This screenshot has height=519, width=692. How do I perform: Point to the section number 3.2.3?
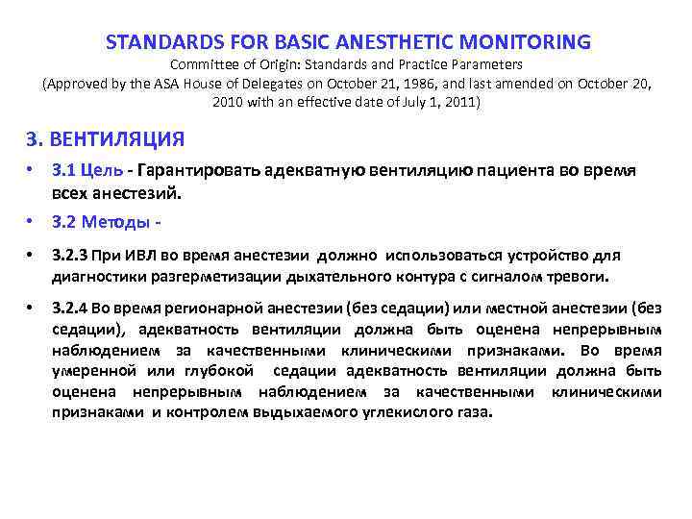(70, 256)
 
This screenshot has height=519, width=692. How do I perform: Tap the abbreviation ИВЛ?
(132, 256)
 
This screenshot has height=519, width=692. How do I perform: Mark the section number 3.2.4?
(70, 309)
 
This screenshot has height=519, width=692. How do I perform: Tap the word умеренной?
(94, 370)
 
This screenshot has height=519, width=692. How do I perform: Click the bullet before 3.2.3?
(32, 256)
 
